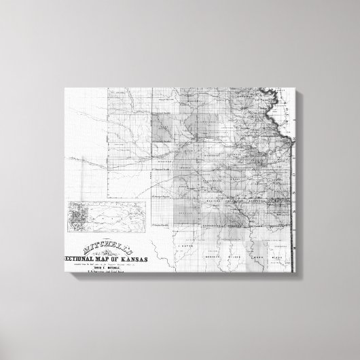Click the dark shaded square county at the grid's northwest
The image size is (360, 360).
(x=163, y=127)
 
